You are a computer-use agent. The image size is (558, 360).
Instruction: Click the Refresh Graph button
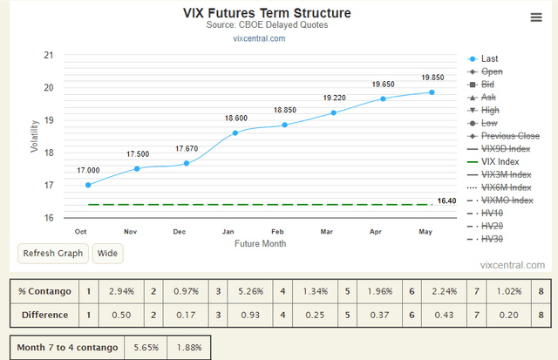point(53,254)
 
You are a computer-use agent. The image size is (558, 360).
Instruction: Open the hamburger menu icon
point(535,17)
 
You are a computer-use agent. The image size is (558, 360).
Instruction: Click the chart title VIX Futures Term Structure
point(267,13)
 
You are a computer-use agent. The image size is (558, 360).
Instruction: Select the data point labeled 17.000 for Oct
point(88,185)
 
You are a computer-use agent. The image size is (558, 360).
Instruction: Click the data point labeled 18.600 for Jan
point(235,132)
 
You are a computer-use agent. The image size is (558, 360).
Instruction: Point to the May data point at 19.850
point(432,92)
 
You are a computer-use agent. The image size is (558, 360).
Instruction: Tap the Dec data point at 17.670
point(186,163)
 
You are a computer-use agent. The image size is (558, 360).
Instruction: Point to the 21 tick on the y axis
point(47,55)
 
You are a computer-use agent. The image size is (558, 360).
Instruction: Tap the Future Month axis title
point(260,244)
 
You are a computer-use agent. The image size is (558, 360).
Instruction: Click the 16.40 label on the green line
point(447,201)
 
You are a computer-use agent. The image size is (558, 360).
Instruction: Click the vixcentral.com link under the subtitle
point(259,38)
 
